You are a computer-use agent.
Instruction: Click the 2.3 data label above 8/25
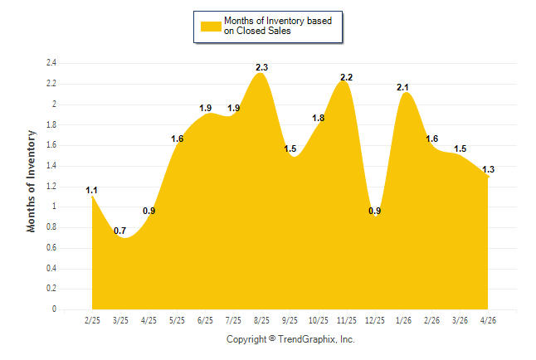pyautogui.click(x=262, y=67)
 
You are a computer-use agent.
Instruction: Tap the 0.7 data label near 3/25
pyautogui.click(x=119, y=231)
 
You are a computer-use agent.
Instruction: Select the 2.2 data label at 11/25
pyautogui.click(x=346, y=77)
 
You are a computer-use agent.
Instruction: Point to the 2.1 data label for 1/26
pyautogui.click(x=402, y=87)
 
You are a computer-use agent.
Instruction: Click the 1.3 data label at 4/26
pyautogui.click(x=488, y=169)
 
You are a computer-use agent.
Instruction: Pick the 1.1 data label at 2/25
pyautogui.click(x=91, y=190)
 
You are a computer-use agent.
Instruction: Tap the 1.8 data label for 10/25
pyautogui.click(x=319, y=118)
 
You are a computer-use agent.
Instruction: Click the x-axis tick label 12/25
pyautogui.click(x=375, y=320)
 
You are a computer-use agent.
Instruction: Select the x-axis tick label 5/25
pyautogui.click(x=177, y=320)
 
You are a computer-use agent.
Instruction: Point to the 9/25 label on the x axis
pyautogui.click(x=290, y=320)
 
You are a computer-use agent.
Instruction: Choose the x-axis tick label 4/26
pyautogui.click(x=488, y=320)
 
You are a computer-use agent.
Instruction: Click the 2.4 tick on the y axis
pyautogui.click(x=51, y=62)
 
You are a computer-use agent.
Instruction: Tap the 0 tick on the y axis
pyautogui.click(x=54, y=309)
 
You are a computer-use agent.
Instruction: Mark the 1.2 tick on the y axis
pyautogui.click(x=51, y=187)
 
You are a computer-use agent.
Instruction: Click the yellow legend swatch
pyautogui.click(x=211, y=27)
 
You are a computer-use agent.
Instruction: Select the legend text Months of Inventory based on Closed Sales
pyautogui.click(x=278, y=26)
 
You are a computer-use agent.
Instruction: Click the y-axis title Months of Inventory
pyautogui.click(x=31, y=181)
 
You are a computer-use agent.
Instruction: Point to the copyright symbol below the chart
pyautogui.click(x=272, y=338)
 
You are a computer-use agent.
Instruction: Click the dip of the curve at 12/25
pyautogui.click(x=375, y=216)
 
